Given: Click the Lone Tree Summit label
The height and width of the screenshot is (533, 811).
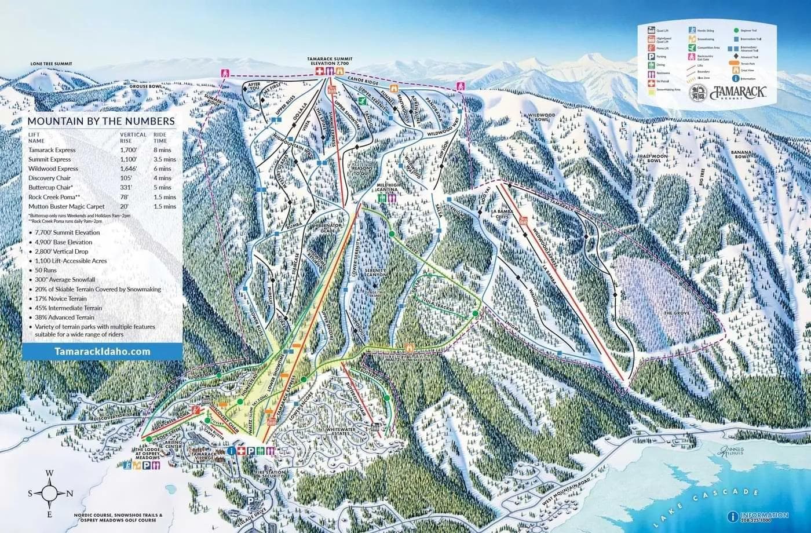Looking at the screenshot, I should click(x=52, y=64).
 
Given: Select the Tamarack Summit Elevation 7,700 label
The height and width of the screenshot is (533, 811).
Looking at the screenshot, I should click(x=330, y=61).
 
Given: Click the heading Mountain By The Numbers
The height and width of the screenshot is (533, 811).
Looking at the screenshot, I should click(x=101, y=121).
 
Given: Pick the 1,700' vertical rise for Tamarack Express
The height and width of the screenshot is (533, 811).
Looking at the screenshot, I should click(x=128, y=150).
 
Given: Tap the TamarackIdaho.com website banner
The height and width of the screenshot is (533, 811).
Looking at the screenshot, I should click(x=102, y=351).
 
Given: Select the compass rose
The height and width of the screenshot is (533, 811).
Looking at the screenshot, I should click(x=50, y=493).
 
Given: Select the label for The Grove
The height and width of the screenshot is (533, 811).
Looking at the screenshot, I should click(x=675, y=313).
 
